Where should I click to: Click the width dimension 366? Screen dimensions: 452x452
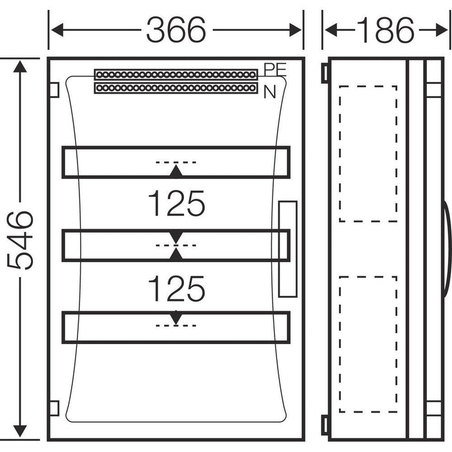(176, 30)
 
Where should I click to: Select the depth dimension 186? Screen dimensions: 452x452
(386, 30)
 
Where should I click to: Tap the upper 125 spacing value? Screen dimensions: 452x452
(176, 203)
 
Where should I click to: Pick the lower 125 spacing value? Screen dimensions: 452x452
(176, 289)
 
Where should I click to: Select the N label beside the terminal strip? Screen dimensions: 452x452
(269, 92)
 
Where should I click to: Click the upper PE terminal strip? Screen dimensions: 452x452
(176, 74)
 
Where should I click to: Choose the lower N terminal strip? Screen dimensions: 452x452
(176, 87)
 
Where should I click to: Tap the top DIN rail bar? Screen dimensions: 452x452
(176, 162)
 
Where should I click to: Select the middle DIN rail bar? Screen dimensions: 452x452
(176, 245)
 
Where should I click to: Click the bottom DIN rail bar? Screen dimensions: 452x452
(176, 327)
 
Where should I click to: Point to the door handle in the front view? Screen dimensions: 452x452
(287, 249)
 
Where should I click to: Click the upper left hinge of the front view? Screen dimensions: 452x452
(54, 88)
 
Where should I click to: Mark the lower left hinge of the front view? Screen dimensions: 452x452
(54, 408)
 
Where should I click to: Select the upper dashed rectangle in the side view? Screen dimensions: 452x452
(368, 154)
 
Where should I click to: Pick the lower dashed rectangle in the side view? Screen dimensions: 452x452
(368, 344)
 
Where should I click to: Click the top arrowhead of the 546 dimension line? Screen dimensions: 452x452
(21, 67)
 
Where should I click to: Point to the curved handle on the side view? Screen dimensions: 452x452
(447, 249)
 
